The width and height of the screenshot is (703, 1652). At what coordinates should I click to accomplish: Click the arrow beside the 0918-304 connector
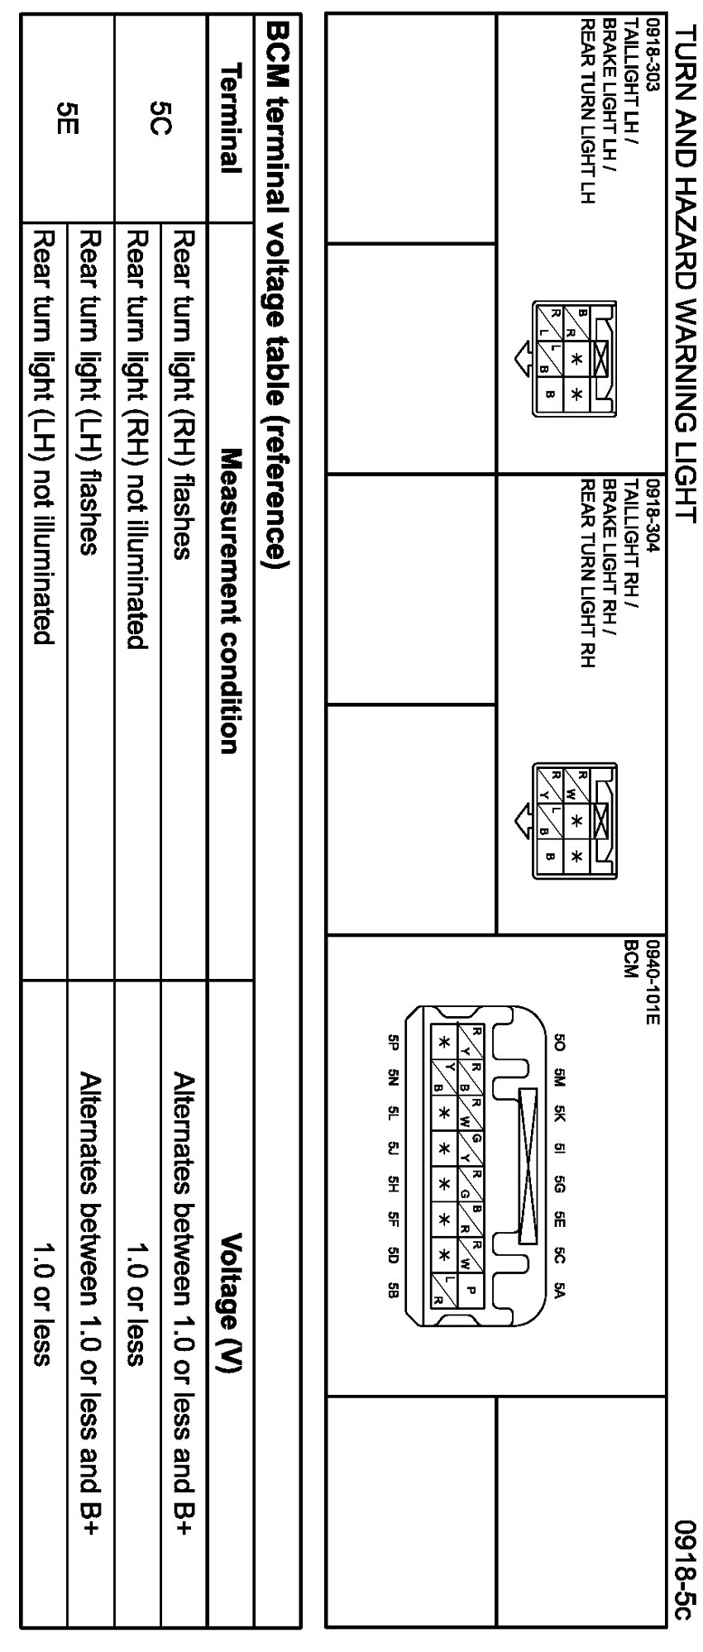tap(521, 820)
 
